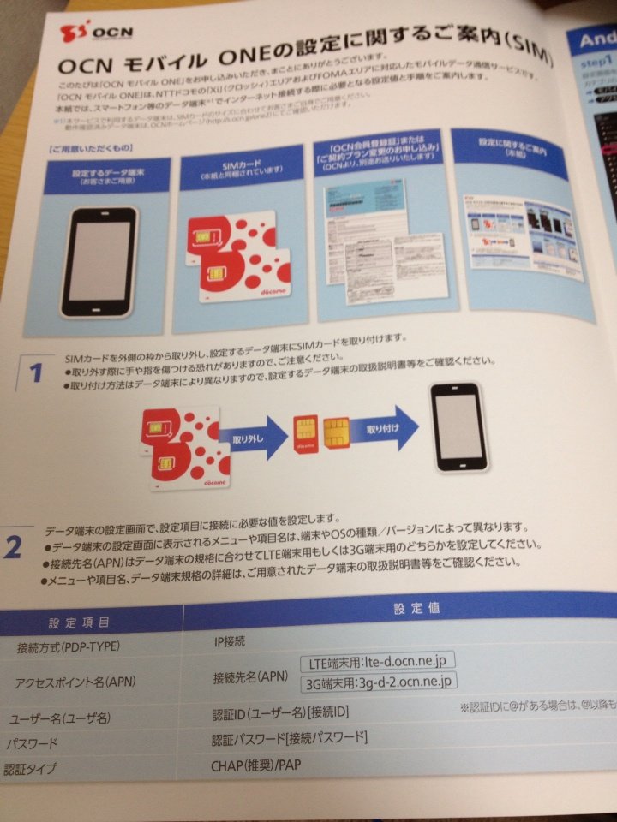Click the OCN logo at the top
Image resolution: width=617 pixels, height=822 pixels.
pyautogui.click(x=85, y=36)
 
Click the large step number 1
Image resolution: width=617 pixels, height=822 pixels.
pyautogui.click(x=35, y=374)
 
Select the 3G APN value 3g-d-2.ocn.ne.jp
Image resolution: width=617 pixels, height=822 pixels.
pyautogui.click(x=378, y=682)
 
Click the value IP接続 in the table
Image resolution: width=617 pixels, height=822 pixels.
pyautogui.click(x=228, y=640)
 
